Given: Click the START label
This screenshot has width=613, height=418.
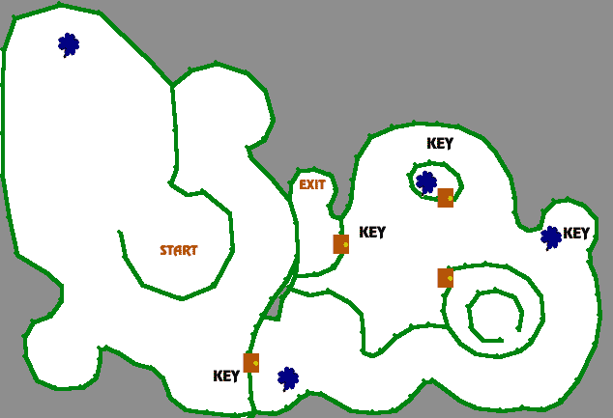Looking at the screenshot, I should pyautogui.click(x=179, y=250).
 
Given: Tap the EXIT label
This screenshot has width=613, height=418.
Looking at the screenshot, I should pyautogui.click(x=312, y=184).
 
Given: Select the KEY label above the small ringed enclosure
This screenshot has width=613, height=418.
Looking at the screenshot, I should pyautogui.click(x=440, y=143).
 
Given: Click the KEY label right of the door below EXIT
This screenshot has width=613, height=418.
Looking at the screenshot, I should pyautogui.click(x=372, y=232).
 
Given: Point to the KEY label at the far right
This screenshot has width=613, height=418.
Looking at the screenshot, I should pyautogui.click(x=576, y=233).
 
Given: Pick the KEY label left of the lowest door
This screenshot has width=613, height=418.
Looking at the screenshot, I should pyautogui.click(x=226, y=376).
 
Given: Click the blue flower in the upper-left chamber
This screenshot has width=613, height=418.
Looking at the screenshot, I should pyautogui.click(x=68, y=44).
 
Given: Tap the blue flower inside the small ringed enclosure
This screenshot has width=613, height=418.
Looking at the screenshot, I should pyautogui.click(x=425, y=181).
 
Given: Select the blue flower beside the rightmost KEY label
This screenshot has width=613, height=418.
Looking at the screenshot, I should pyautogui.click(x=550, y=237).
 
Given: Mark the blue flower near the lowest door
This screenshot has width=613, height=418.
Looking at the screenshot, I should pyautogui.click(x=287, y=377).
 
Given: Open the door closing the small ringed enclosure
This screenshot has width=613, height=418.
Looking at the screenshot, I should pyautogui.click(x=445, y=198).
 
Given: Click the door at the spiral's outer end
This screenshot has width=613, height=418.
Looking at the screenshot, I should pyautogui.click(x=445, y=278).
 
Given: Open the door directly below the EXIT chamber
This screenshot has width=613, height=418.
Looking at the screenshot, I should pyautogui.click(x=340, y=244).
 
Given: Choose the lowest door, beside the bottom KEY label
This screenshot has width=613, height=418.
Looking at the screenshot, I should pyautogui.click(x=250, y=363).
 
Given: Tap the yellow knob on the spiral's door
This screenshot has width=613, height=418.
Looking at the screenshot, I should pyautogui.click(x=450, y=278).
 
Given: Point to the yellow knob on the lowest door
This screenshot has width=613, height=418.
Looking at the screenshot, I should pyautogui.click(x=255, y=363).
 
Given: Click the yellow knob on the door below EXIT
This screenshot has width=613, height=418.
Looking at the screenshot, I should pyautogui.click(x=345, y=244).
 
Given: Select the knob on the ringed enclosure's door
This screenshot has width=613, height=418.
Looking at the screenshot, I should pyautogui.click(x=450, y=199).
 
